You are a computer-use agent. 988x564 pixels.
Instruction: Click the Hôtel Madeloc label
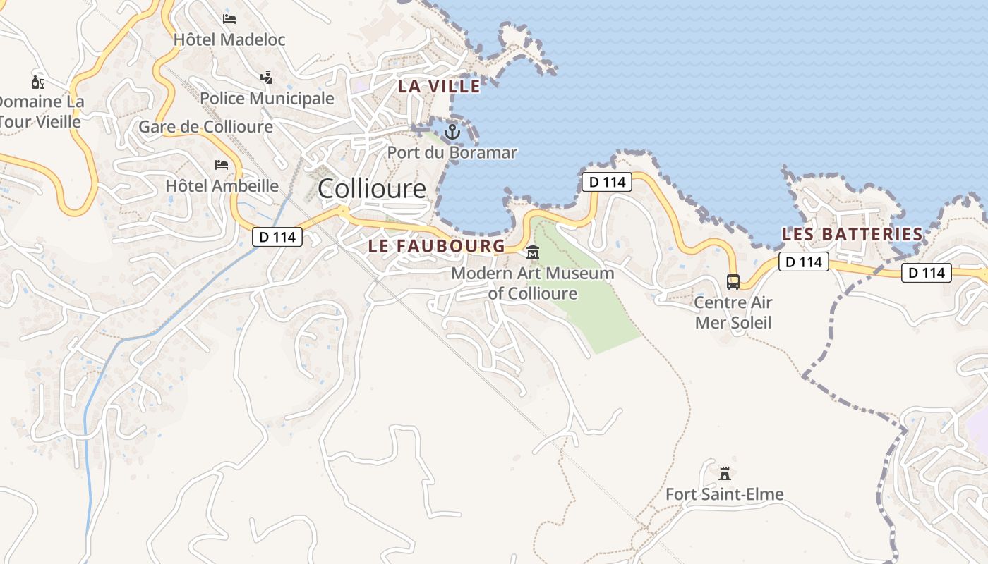[x=229, y=39]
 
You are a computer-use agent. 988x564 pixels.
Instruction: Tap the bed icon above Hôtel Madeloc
[x=229, y=18]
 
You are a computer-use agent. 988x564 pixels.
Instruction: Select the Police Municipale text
[x=267, y=98]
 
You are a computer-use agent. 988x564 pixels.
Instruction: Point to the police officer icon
[x=266, y=77]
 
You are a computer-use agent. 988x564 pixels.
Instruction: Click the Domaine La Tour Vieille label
[x=41, y=111]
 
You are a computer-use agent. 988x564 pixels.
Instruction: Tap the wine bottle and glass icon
[x=37, y=81]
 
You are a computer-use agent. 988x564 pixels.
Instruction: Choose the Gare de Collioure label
[x=205, y=127]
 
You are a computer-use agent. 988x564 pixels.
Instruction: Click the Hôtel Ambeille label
[x=222, y=186]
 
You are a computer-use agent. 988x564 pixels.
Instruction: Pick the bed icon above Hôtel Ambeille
[x=222, y=165]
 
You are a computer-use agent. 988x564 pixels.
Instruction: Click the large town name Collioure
[x=372, y=189]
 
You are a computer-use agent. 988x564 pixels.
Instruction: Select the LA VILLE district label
[x=439, y=87]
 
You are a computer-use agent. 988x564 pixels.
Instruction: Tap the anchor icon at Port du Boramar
[x=452, y=131]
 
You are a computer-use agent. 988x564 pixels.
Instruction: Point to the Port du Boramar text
[x=452, y=152]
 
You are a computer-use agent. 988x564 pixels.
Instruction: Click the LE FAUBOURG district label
[x=436, y=246]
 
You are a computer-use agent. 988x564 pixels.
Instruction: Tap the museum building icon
[x=533, y=252]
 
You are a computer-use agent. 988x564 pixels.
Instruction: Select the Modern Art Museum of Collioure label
[x=533, y=283]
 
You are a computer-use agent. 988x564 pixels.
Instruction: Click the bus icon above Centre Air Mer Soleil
[x=733, y=282]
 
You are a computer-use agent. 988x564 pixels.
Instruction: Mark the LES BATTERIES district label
[x=853, y=234]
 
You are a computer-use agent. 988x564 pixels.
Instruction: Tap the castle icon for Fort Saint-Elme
[x=724, y=473]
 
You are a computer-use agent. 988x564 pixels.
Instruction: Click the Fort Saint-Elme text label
[x=724, y=494]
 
